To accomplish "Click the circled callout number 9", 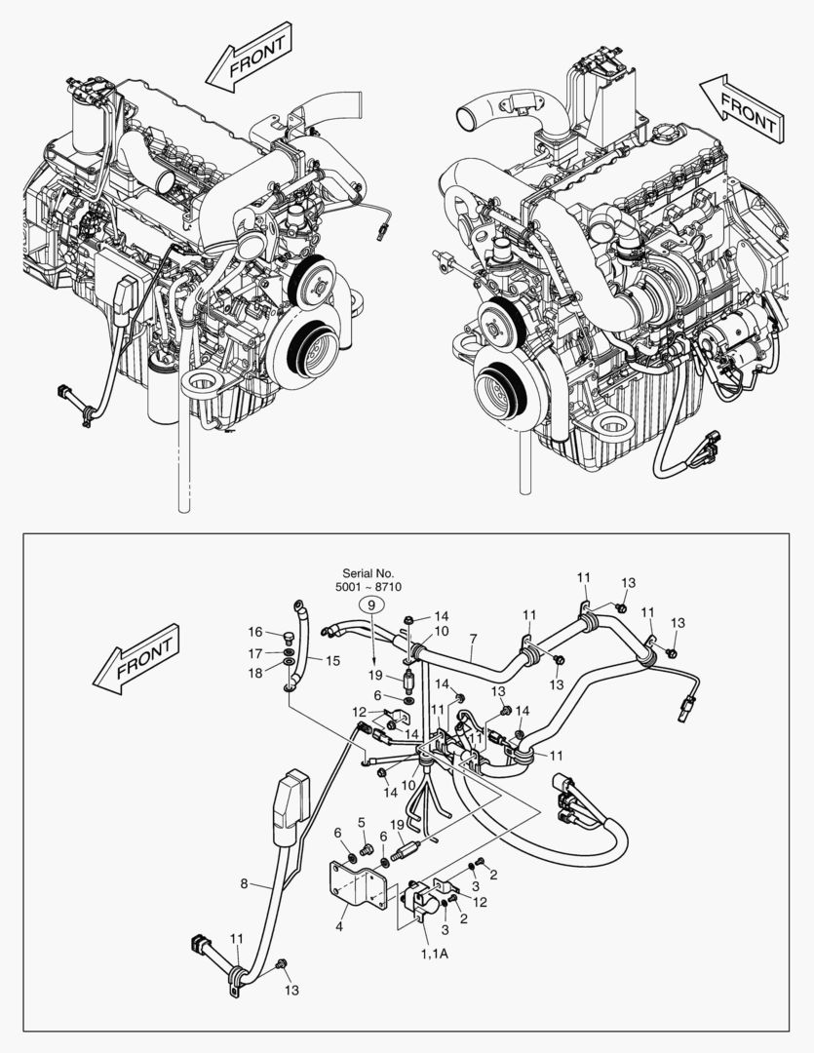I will pos(371,604).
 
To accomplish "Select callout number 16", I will pos(254,633).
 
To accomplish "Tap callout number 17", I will pos(254,653).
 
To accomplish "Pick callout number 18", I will pos(254,673).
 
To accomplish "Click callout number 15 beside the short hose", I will pos(332,661).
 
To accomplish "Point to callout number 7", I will pos(473,640).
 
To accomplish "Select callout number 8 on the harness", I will pos(245,885).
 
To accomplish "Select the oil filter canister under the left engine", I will pos(161,391).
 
